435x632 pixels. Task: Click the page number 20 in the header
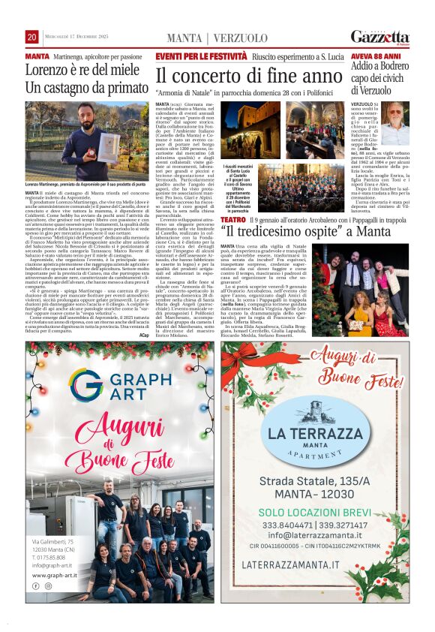(x=31, y=37)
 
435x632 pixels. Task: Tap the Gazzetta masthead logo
(x=380, y=37)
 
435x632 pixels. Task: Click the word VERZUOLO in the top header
(x=240, y=38)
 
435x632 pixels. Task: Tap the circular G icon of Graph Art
(x=86, y=383)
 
